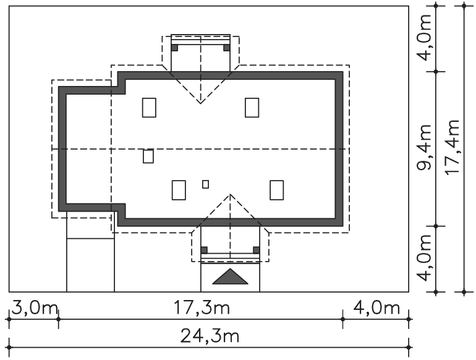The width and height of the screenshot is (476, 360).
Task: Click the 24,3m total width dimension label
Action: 210,336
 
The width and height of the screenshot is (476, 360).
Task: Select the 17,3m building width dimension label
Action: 202,307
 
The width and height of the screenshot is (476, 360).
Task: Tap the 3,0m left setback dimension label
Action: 35,309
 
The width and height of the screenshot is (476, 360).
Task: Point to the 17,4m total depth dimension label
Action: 453,147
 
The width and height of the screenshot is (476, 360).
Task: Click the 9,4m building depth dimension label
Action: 424,147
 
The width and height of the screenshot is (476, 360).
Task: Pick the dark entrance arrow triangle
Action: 230,276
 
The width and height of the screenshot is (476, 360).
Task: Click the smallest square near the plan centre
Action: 205,184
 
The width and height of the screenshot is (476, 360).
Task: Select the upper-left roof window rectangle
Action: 149,108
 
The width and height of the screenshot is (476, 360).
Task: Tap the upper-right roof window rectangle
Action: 252,108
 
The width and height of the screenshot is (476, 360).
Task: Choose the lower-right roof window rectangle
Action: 277,190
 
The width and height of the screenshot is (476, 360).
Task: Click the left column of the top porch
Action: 174,48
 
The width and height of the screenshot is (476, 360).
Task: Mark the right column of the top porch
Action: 226,48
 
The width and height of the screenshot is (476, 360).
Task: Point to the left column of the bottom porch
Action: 204,250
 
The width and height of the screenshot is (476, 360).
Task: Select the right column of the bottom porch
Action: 257,250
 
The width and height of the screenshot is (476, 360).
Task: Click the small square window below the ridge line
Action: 148,156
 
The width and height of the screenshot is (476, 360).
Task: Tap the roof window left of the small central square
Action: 179,190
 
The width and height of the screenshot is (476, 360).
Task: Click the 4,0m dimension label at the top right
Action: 424,38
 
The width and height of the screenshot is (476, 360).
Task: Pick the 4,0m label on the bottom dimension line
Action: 376,308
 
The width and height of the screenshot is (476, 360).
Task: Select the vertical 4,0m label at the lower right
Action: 424,258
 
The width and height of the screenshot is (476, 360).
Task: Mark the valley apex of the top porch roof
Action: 200,103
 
